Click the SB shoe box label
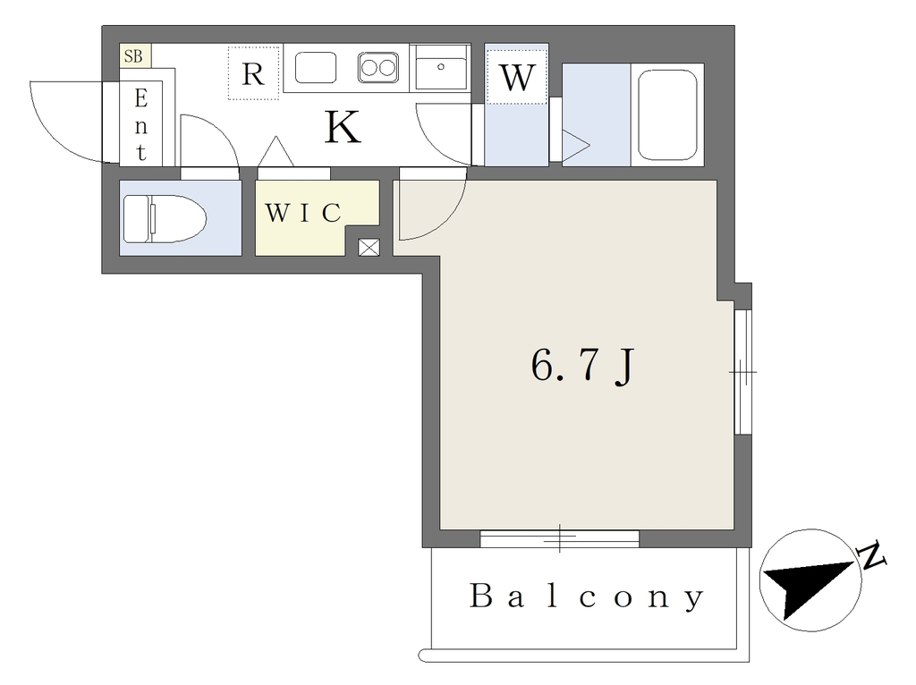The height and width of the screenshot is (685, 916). click(133, 56)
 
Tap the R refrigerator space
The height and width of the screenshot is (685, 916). click(253, 73)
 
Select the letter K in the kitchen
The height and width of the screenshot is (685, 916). click(343, 127)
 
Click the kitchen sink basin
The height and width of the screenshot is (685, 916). click(316, 67)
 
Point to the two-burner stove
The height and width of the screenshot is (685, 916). click(378, 67)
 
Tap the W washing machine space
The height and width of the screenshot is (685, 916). click(516, 77)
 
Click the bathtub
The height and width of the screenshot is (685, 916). click(667, 115)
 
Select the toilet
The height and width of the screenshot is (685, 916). click(165, 219)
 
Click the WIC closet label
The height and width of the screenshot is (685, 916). click(303, 213)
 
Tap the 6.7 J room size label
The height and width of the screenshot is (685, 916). click(582, 366)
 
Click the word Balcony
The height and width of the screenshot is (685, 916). click(587, 596)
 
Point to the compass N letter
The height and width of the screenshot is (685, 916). click(871, 557)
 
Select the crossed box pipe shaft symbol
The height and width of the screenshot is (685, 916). click(369, 248)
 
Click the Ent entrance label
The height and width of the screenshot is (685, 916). click(140, 124)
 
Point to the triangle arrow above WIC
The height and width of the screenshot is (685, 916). click(276, 151)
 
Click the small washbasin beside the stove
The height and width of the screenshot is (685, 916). click(440, 68)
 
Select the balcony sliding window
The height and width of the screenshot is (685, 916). click(560, 538)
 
